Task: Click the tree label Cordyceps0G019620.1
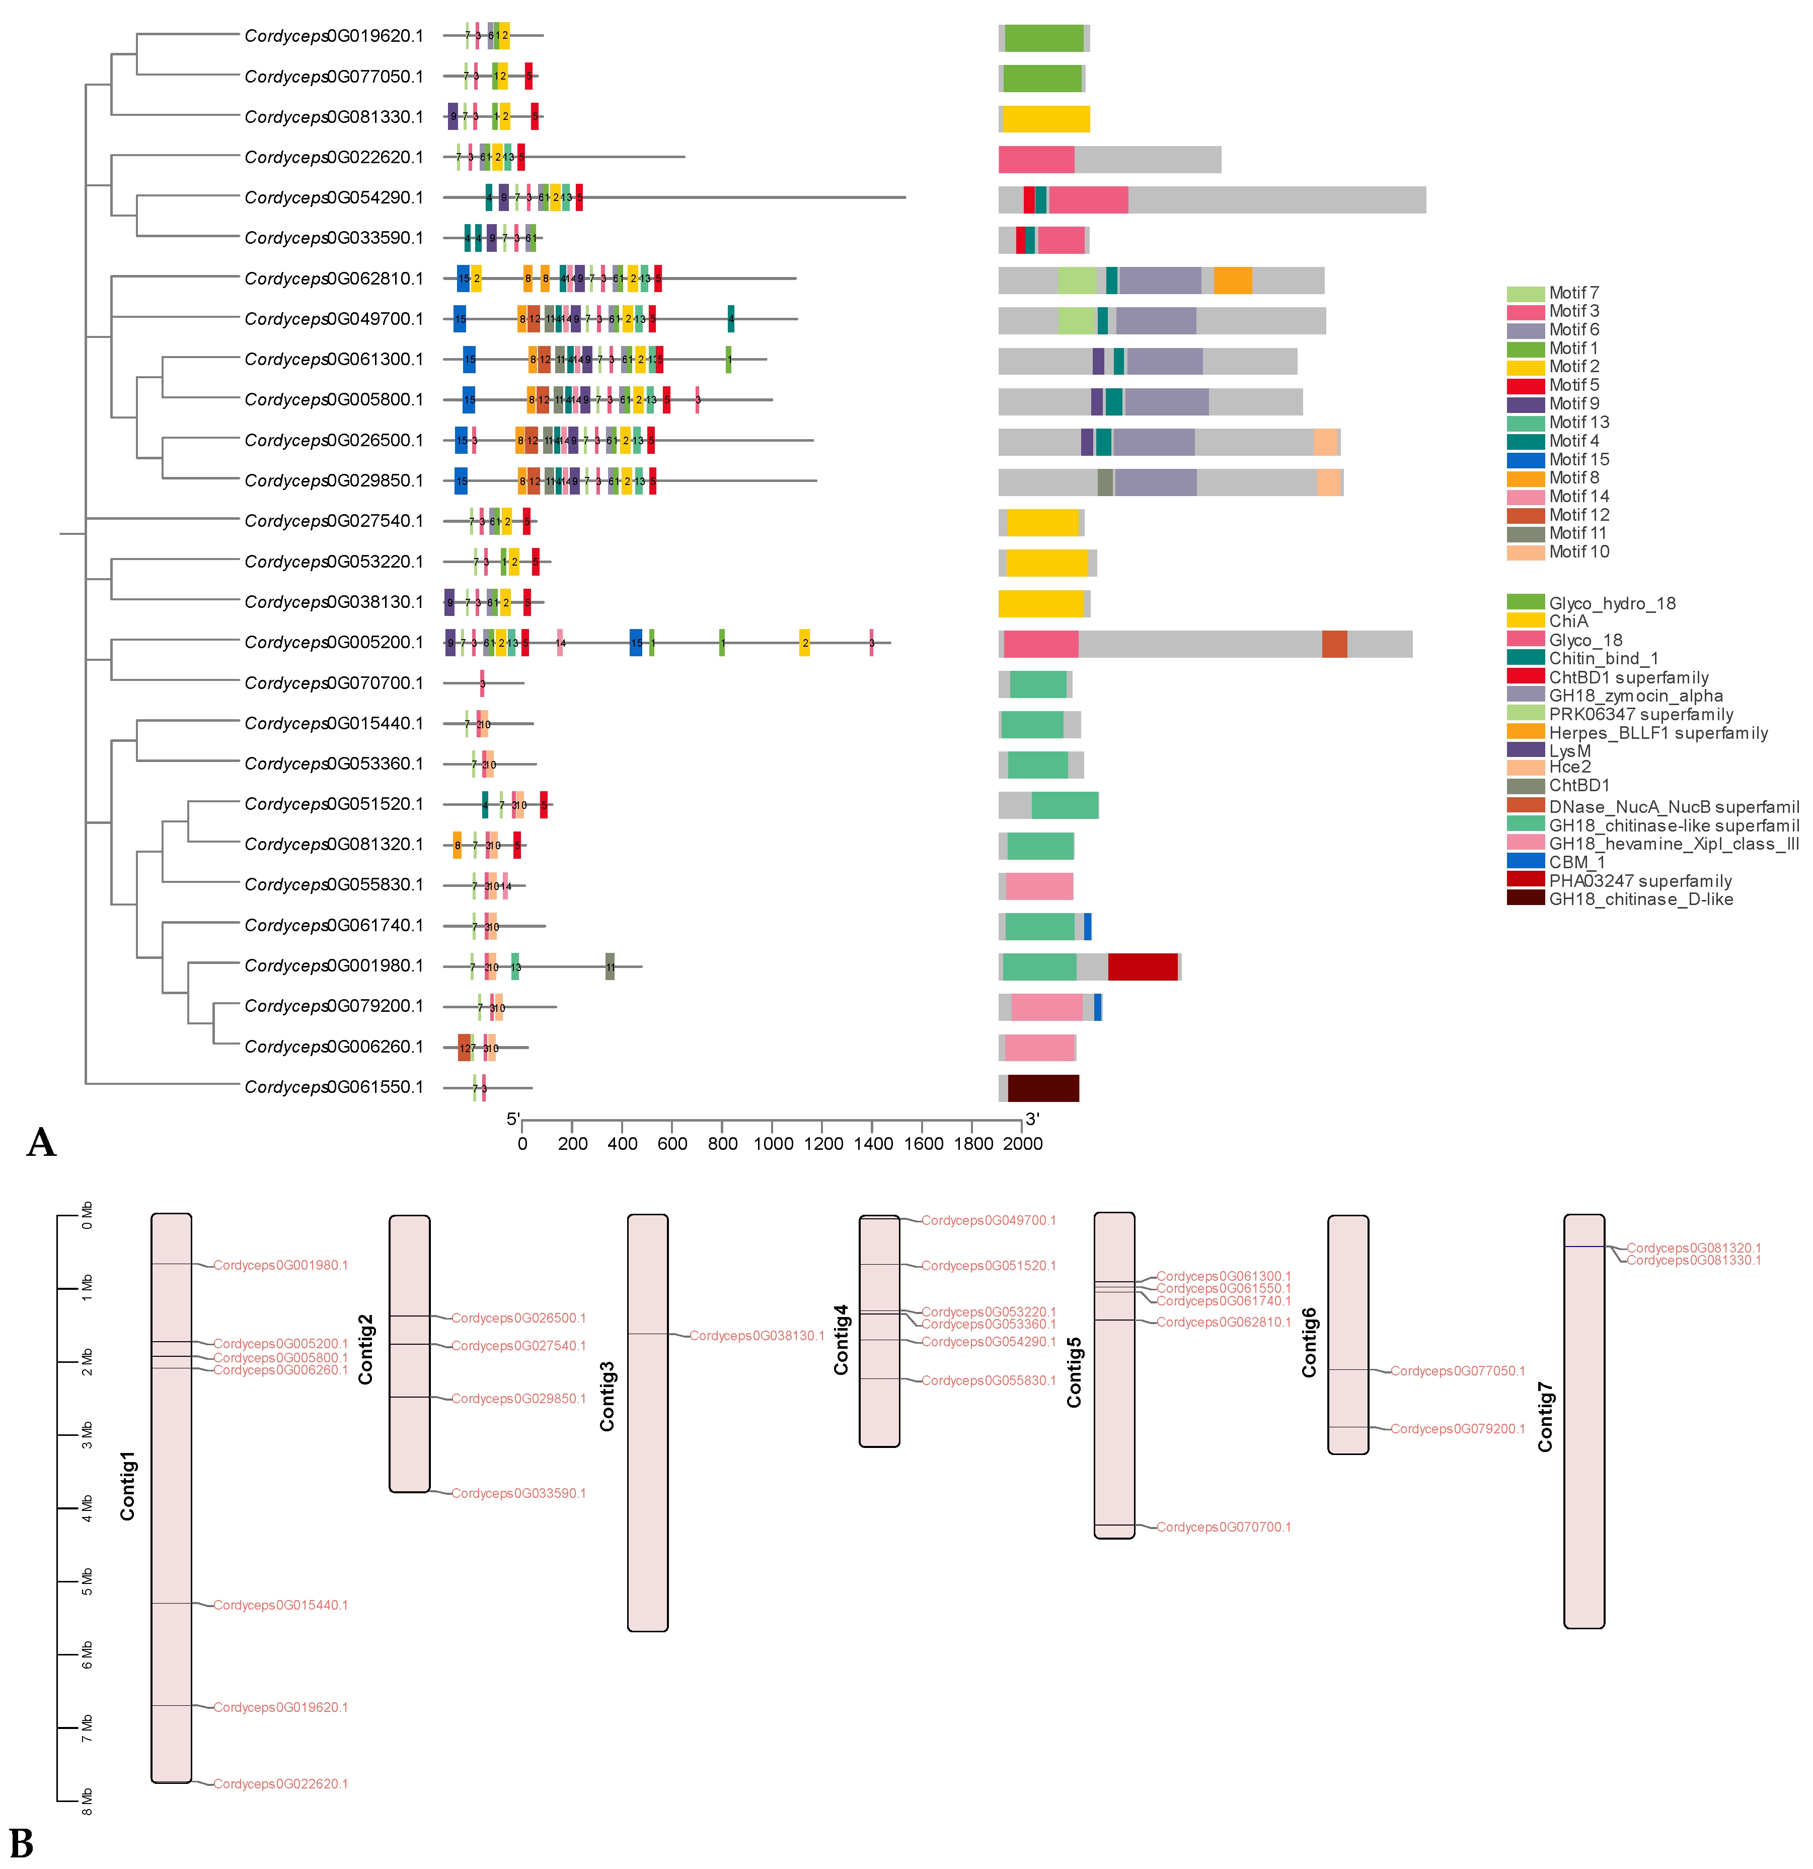coord(334,36)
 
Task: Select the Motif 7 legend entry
coord(1573,293)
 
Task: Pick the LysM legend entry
coord(1569,750)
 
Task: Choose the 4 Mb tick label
coord(87,1508)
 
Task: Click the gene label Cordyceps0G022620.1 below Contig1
coord(280,1783)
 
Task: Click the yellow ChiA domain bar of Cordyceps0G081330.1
coord(1045,119)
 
